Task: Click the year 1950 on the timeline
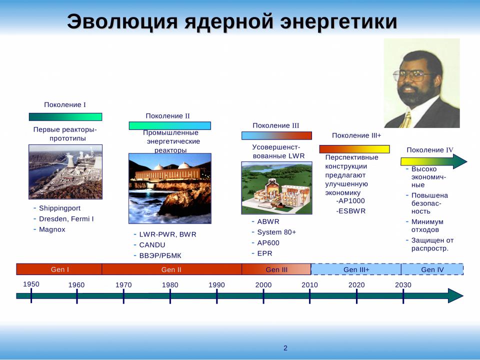pos(31,284)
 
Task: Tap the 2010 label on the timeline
pos(309,284)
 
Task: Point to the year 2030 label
pos(403,284)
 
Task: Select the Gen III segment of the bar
pos(276,269)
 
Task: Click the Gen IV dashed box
pos(432,269)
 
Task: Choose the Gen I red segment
pos(59,269)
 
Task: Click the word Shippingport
pos(59,208)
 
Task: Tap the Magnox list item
pos(52,229)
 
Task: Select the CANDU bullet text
pos(152,245)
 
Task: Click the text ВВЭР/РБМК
pos(160,255)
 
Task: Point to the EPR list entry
pos(265,253)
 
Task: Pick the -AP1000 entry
pos(350,201)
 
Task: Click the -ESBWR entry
pos(351,211)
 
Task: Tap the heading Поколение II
pos(168,116)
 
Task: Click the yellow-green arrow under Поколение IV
pos(434,161)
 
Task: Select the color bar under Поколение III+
pos(354,149)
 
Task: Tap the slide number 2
pos(285,348)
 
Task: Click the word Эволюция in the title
pos(122,21)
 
